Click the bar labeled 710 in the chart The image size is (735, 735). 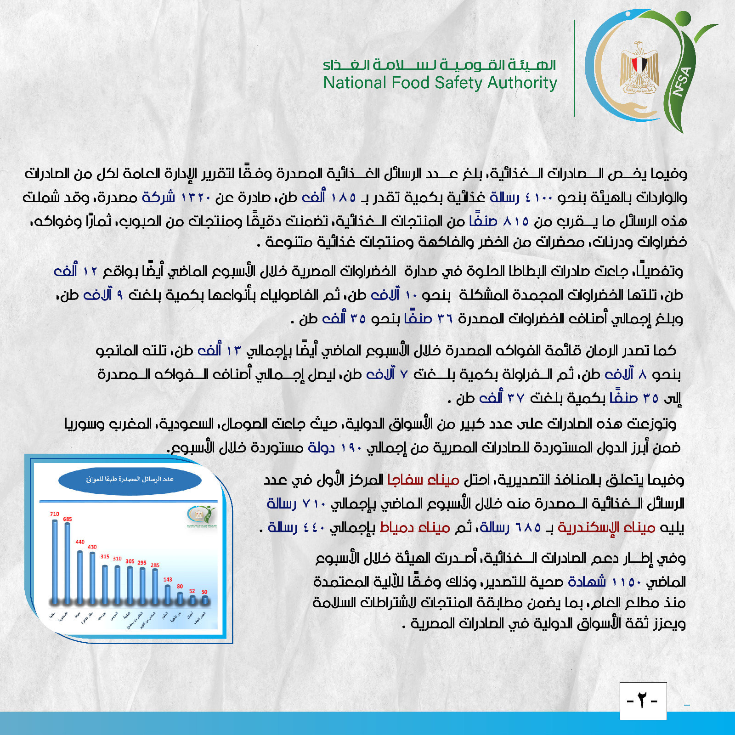pos(55,560)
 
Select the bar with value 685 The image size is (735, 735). pos(68,563)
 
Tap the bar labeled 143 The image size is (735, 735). pos(168,594)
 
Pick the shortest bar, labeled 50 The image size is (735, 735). pos(205,599)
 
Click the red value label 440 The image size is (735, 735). pos(80,542)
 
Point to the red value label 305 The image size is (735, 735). pos(130,561)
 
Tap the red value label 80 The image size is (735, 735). pos(180,587)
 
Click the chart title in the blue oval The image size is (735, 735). pos(130,480)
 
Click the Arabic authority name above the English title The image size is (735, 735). pos(439,65)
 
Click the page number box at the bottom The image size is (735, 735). pos(643,701)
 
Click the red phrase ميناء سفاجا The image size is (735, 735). pos(424,480)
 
